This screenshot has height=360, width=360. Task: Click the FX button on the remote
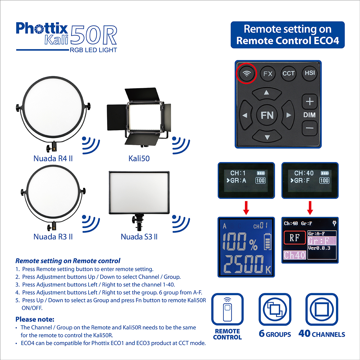click(268, 73)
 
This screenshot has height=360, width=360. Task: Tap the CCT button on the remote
click(289, 73)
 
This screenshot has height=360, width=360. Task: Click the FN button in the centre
click(267, 115)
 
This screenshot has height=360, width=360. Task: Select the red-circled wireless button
click(247, 73)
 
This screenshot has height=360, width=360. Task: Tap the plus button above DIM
click(310, 101)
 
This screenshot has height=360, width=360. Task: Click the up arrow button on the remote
click(267, 94)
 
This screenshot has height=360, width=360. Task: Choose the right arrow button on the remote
click(288, 115)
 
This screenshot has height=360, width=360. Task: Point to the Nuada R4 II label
click(53, 158)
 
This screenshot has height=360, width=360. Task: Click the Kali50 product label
click(139, 158)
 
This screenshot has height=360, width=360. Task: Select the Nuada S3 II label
click(139, 237)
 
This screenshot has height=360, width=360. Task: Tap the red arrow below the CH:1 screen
click(246, 208)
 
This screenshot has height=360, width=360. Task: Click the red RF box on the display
click(295, 238)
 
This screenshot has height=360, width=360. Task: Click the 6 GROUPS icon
click(275, 309)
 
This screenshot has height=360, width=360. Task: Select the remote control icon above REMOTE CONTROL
click(227, 309)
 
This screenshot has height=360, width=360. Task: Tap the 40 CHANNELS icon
click(322, 309)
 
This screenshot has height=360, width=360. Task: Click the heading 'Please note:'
click(35, 319)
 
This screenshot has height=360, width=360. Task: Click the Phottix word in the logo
click(42, 28)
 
